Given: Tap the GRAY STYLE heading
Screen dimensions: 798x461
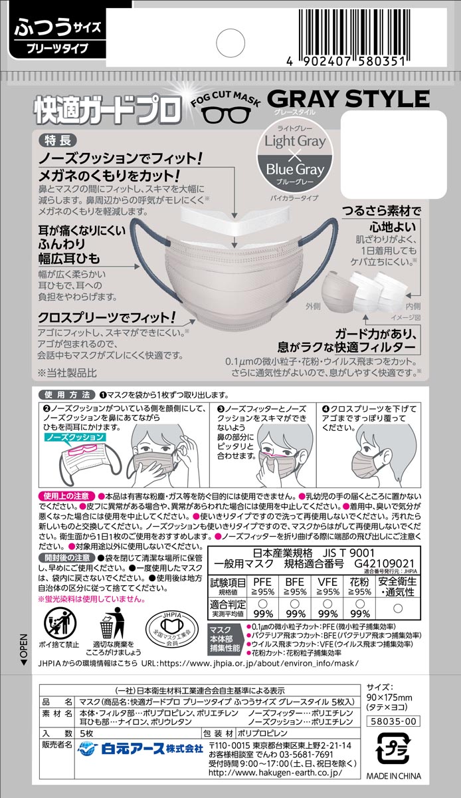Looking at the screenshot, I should click(347, 99).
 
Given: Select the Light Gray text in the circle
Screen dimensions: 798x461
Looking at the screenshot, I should click(296, 141).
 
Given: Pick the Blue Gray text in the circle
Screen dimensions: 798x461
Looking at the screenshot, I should click(296, 169).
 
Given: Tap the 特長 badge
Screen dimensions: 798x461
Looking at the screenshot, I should click(58, 140).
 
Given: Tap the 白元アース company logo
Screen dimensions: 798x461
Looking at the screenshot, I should click(140, 749).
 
